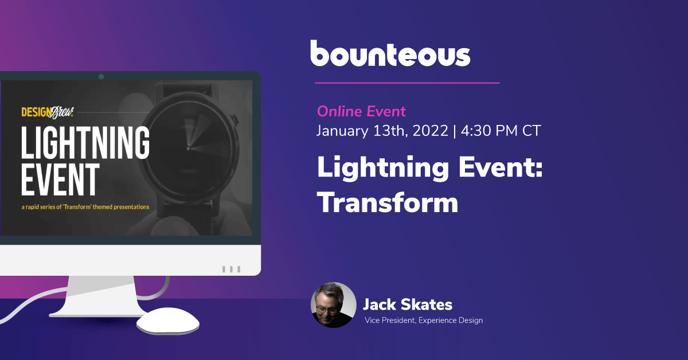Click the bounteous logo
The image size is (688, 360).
pyautogui.click(x=390, y=53)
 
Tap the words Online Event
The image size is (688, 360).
pyautogui.click(x=361, y=111)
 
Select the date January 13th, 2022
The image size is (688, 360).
pyautogui.click(x=382, y=131)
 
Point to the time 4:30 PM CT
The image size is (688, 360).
pyautogui.click(x=501, y=131)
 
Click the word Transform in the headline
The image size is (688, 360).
pyautogui.click(x=388, y=202)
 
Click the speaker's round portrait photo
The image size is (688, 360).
pyautogui.click(x=334, y=305)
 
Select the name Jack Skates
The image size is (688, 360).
pyautogui.click(x=408, y=304)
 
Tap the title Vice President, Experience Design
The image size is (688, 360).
pyautogui.click(x=424, y=320)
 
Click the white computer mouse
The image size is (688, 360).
pyautogui.click(x=168, y=321)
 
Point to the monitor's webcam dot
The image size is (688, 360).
pyautogui.click(x=101, y=76)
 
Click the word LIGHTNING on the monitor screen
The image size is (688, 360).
pyautogui.click(x=85, y=143)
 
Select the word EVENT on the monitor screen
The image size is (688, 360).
pyautogui.click(x=61, y=179)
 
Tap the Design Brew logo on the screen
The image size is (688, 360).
pyautogui.click(x=48, y=112)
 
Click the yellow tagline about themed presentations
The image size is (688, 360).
pyautogui.click(x=85, y=207)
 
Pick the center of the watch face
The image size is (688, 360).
pyautogui.click(x=189, y=148)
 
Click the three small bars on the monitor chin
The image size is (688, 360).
pyautogui.click(x=231, y=269)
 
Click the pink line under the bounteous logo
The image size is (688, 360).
pyautogui.click(x=407, y=83)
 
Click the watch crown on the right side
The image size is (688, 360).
pyautogui.click(x=236, y=120)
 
